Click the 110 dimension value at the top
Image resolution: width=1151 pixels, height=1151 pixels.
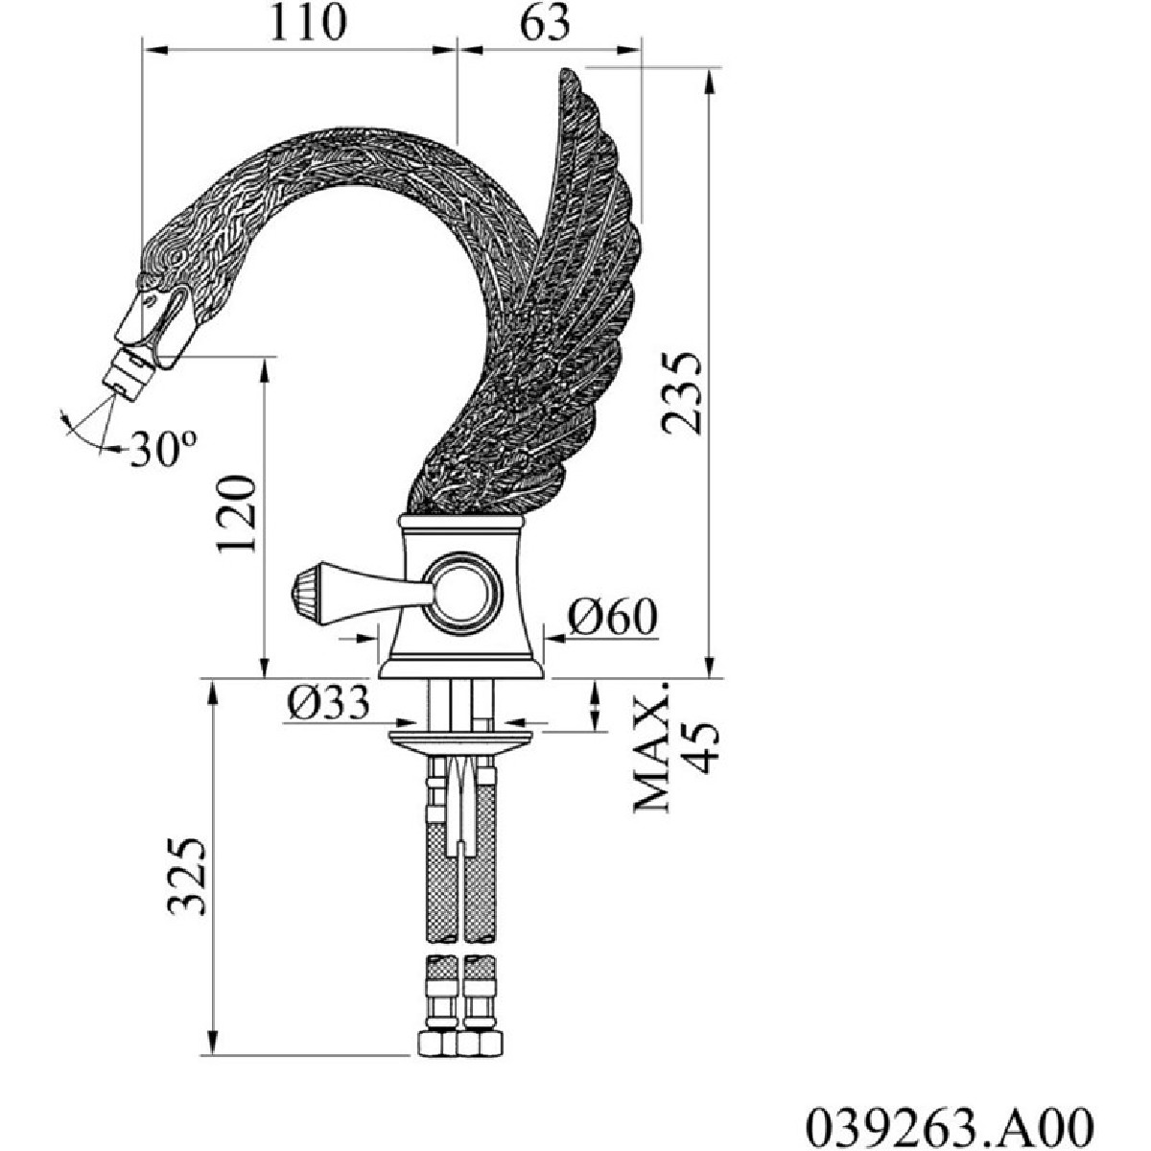pos(308,23)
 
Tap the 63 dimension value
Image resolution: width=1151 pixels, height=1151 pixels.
pos(546,23)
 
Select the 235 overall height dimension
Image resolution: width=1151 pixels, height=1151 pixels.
pos(681,392)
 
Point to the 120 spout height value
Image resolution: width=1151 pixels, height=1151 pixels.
pos(237,514)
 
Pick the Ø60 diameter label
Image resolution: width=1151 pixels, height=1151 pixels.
pos(612,617)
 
